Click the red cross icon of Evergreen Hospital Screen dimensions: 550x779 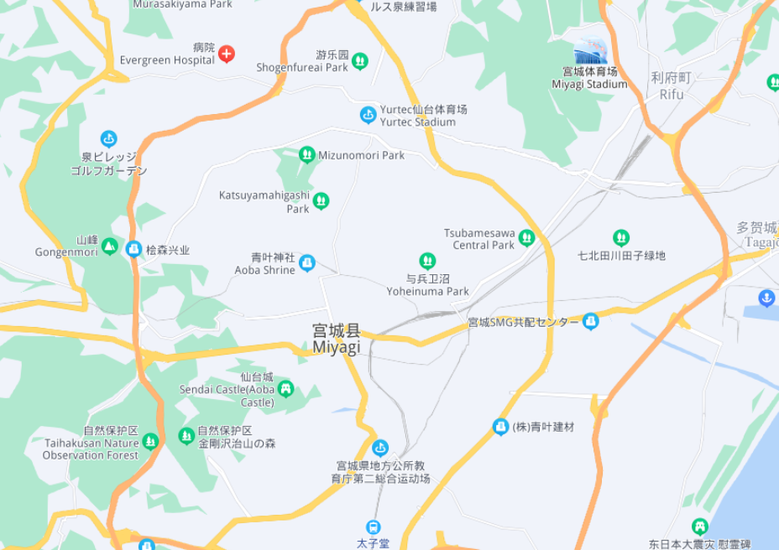226,54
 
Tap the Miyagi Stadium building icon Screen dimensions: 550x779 589,52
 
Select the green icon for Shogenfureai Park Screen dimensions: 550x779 359,60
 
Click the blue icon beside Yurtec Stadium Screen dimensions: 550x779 368,115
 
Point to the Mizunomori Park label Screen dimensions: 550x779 362,155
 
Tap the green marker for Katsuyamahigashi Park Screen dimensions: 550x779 321,200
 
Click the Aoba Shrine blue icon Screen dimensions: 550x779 307,263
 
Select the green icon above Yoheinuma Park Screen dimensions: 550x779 427,262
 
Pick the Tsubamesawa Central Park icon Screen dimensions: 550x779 526,238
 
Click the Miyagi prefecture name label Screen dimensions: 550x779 336,339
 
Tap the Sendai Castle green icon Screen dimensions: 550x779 286,388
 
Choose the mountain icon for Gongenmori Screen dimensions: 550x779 109,246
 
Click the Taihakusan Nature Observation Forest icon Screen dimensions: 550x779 150,441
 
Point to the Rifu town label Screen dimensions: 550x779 671,86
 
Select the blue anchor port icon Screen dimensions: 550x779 766,298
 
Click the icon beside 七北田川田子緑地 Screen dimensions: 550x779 621,238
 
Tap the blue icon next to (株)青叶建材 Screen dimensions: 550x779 500,427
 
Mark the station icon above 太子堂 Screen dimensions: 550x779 373,527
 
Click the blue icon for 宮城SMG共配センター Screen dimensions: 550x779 591,321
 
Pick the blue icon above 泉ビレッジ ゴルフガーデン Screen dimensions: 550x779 108,138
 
